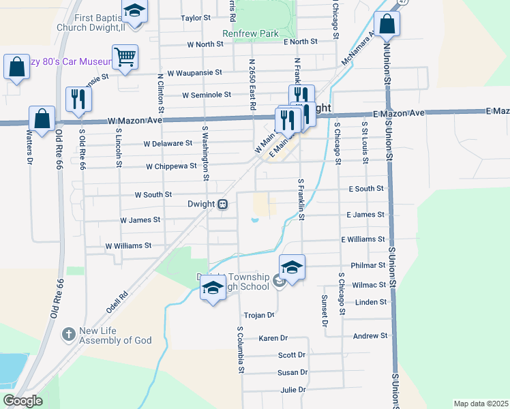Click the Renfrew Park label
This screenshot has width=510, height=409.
point(251,33)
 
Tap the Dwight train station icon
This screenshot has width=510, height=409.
point(223,204)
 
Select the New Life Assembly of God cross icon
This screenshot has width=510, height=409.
point(68,334)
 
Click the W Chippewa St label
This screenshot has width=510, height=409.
point(171,166)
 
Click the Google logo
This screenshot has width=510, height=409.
point(22,401)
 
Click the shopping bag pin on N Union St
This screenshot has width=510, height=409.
point(387,24)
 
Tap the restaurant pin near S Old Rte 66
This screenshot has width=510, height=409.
point(78,100)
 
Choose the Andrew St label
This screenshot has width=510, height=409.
point(370,336)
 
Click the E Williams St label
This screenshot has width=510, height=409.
point(363,240)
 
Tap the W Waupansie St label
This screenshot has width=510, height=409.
point(194,72)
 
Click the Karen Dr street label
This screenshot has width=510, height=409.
point(273,338)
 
